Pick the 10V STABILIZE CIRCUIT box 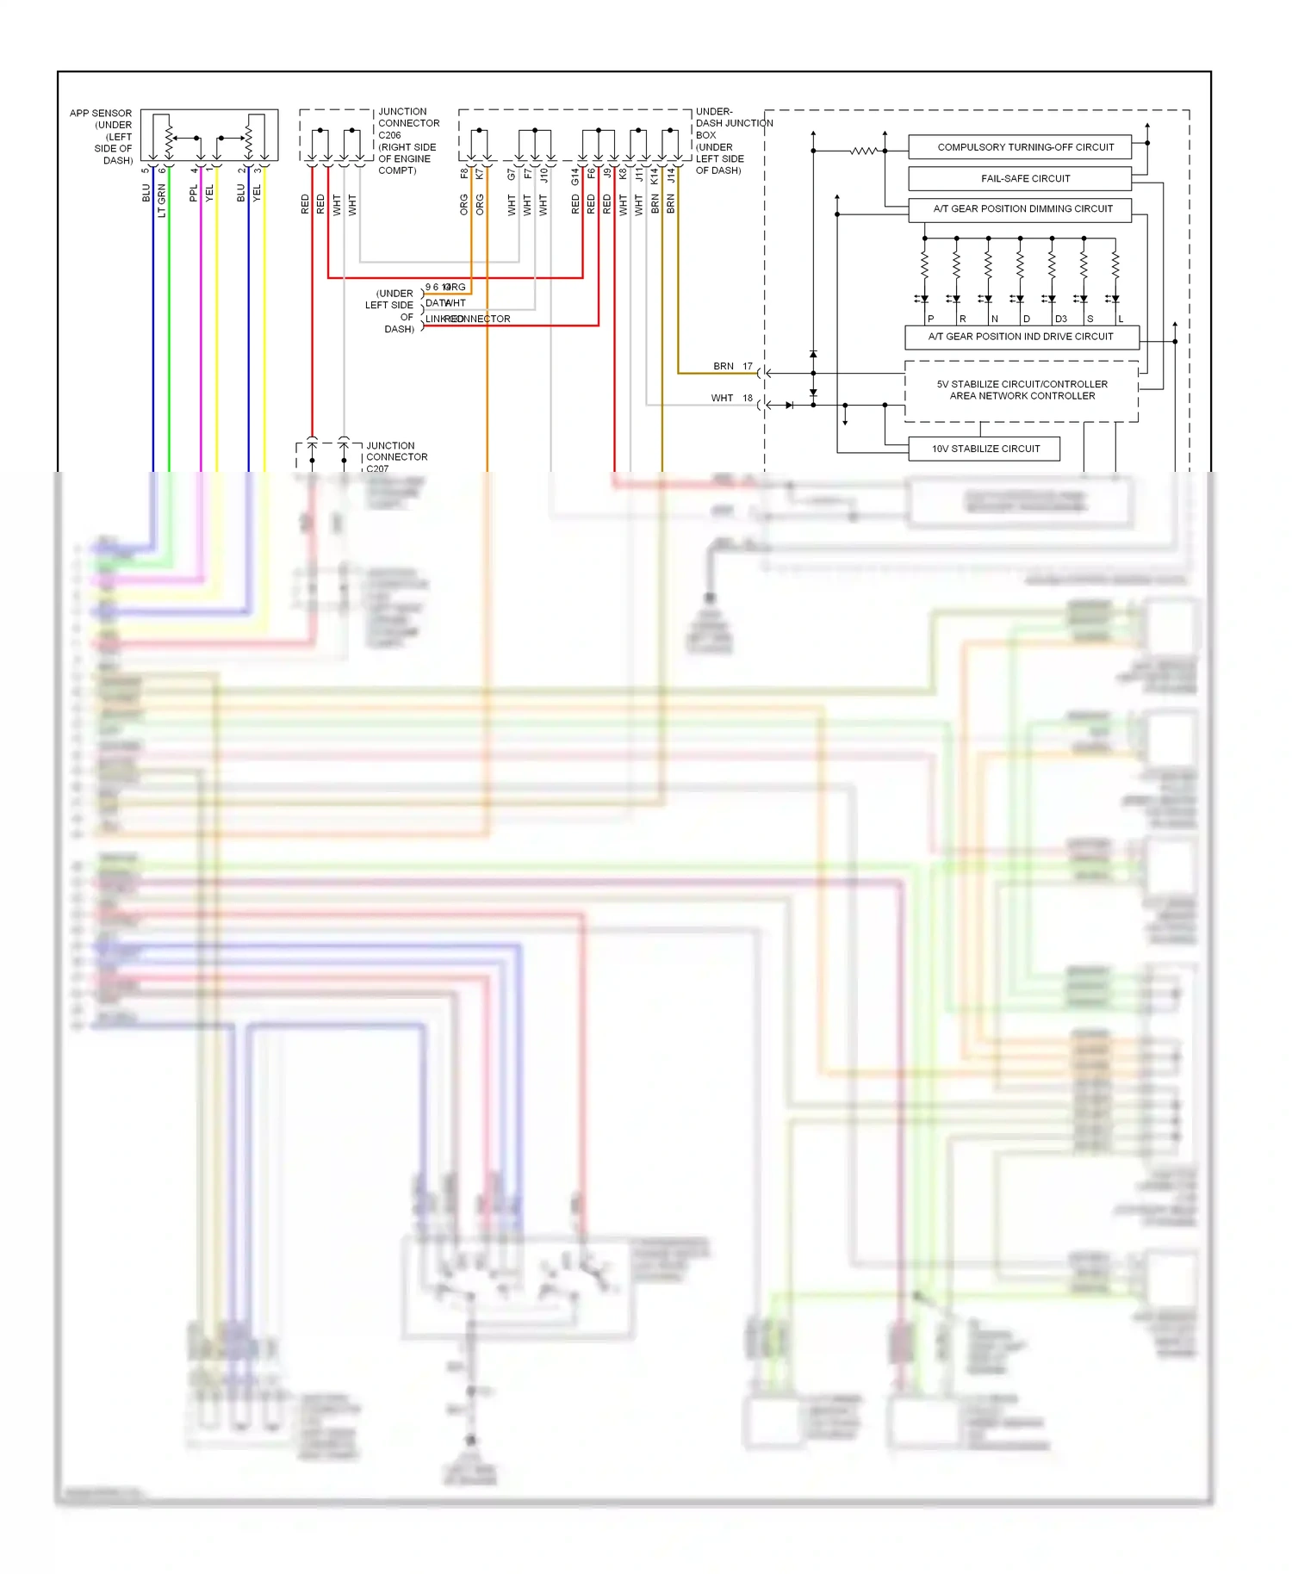click(x=984, y=449)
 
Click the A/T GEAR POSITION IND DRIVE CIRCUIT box click(x=1022, y=337)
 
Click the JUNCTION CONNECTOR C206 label click(x=408, y=140)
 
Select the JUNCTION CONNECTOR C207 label click(x=396, y=457)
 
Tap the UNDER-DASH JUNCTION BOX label click(x=732, y=140)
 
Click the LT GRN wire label click(x=162, y=201)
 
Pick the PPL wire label click(x=194, y=194)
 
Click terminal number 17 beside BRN click(x=748, y=366)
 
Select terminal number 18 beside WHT click(x=748, y=398)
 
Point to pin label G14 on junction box click(x=575, y=177)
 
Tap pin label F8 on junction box click(x=464, y=173)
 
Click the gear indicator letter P click(x=931, y=319)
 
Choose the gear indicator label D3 click(x=1061, y=319)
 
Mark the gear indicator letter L click(x=1121, y=319)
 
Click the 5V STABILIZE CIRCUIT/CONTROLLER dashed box click(x=1022, y=391)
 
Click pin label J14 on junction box click(x=671, y=176)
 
